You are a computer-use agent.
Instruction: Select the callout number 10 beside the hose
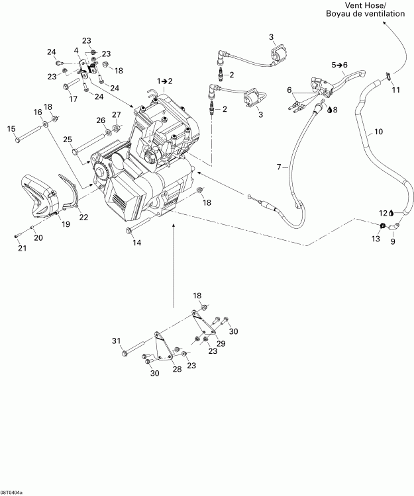378,132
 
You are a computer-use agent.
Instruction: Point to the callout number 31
117,341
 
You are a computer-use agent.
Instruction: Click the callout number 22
83,218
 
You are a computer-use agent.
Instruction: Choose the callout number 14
137,243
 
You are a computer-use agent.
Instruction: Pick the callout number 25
68,139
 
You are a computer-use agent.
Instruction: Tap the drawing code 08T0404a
11,492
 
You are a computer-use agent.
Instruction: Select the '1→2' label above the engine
164,81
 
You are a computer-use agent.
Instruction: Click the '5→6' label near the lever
339,64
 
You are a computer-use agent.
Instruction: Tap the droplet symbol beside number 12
391,212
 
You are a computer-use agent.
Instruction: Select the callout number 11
396,89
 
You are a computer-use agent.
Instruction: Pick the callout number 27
116,114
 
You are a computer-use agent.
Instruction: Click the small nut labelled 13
383,227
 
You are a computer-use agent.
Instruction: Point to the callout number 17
73,99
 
